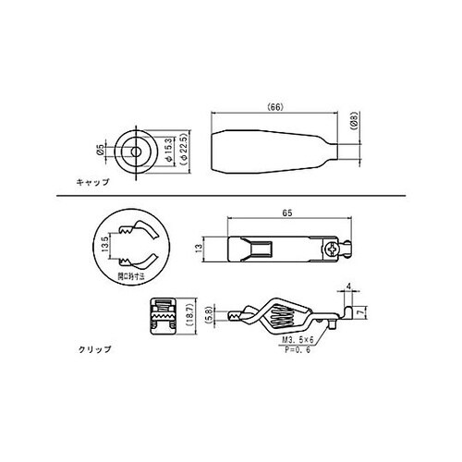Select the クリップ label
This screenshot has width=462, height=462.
pyautogui.click(x=95, y=349)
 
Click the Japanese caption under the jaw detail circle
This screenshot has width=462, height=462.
pyautogui.click(x=135, y=276)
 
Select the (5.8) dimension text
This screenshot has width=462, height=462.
pyautogui.click(x=210, y=314)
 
